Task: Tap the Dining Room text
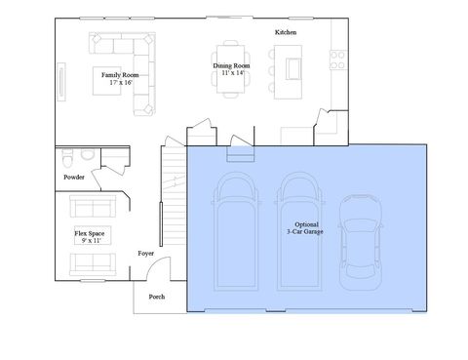pyautogui.click(x=232, y=65)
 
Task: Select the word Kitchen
pyautogui.click(x=286, y=32)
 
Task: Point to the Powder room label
pyautogui.click(x=73, y=178)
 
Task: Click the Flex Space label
pyautogui.click(x=90, y=233)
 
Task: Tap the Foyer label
pyautogui.click(x=146, y=253)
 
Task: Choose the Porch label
pyautogui.click(x=156, y=296)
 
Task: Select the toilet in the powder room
pyautogui.click(x=88, y=155)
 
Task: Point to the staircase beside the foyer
pyautogui.click(x=173, y=185)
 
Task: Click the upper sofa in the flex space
pyautogui.click(x=92, y=207)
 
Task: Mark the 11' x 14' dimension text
pyautogui.click(x=232, y=73)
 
